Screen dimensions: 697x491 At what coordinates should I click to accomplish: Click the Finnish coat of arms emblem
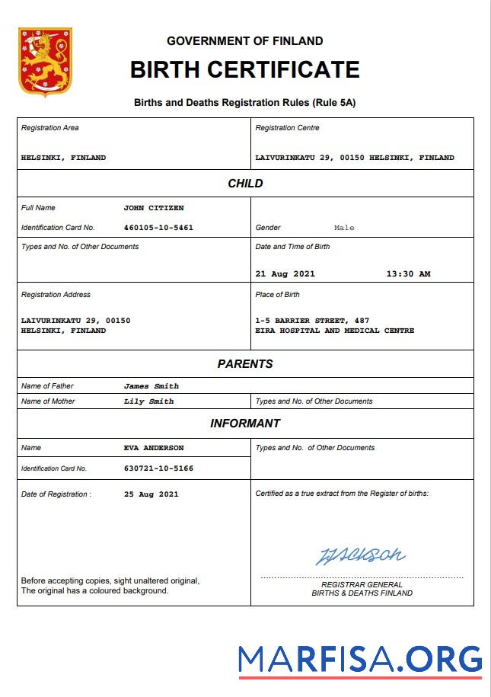point(45,62)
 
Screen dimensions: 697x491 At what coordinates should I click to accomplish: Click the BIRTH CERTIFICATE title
point(244,69)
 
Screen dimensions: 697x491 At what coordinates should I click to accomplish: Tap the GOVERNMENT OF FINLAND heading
point(244,41)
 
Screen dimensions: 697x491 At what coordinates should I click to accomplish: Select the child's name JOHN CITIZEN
point(153,208)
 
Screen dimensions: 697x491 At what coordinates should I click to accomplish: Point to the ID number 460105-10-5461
point(158,228)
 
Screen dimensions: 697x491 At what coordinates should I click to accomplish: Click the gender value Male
point(344,228)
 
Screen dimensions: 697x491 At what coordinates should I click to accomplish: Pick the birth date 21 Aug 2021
point(285,274)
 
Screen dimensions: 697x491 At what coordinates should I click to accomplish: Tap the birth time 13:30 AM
point(408,274)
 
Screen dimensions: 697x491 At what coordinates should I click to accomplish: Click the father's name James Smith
point(151,386)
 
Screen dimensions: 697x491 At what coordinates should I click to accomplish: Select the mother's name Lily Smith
point(148,401)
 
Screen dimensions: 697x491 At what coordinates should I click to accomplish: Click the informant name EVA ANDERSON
point(153,448)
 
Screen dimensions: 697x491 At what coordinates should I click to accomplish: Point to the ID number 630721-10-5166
point(158,468)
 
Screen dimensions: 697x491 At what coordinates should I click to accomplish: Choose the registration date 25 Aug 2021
point(151,494)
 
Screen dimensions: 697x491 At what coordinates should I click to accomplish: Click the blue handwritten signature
point(361,555)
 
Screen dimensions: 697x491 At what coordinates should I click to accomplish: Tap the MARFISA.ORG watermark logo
point(359,660)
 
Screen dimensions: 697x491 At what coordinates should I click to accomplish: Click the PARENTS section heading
point(245,364)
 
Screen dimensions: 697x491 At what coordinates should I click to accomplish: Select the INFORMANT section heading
point(245,424)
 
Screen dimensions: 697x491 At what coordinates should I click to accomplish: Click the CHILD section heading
point(245,184)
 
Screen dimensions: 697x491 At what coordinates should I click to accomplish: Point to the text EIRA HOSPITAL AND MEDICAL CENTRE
point(335,331)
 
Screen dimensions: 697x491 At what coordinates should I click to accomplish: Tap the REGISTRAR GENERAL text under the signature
point(362,584)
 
